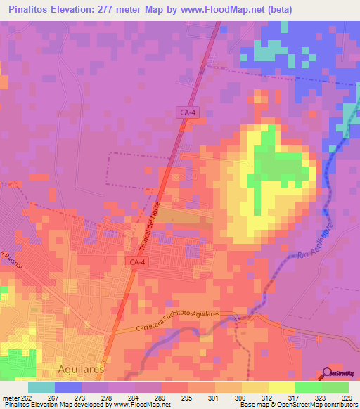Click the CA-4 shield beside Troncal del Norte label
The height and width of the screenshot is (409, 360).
point(138,262)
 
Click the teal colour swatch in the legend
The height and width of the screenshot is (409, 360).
point(41,387)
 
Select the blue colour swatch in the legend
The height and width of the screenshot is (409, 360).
point(68,387)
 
